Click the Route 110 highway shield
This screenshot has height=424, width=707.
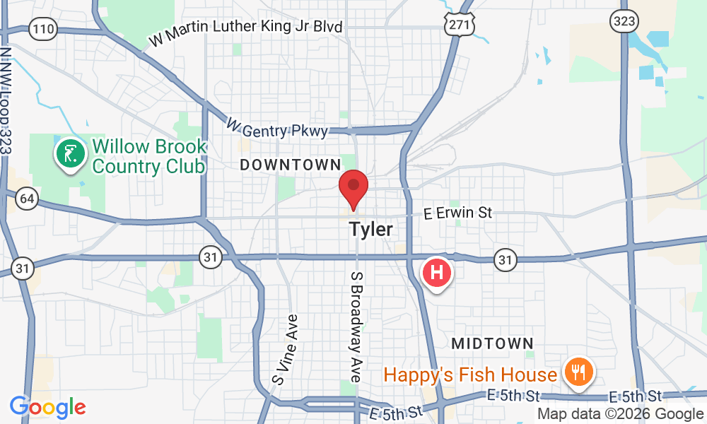pos(43,29)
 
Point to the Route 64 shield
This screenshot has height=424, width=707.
pos(27,199)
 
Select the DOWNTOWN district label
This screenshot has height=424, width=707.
pos(290,165)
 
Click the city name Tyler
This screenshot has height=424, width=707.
pos(370,230)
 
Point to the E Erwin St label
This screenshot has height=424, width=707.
pos(457,212)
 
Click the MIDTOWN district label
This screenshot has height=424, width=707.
pos(492,343)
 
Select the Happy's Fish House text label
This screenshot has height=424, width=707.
pos(470,375)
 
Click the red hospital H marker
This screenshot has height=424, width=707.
pos(437,271)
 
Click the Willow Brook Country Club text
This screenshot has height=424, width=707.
pos(149,157)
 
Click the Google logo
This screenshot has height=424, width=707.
pos(47,407)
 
